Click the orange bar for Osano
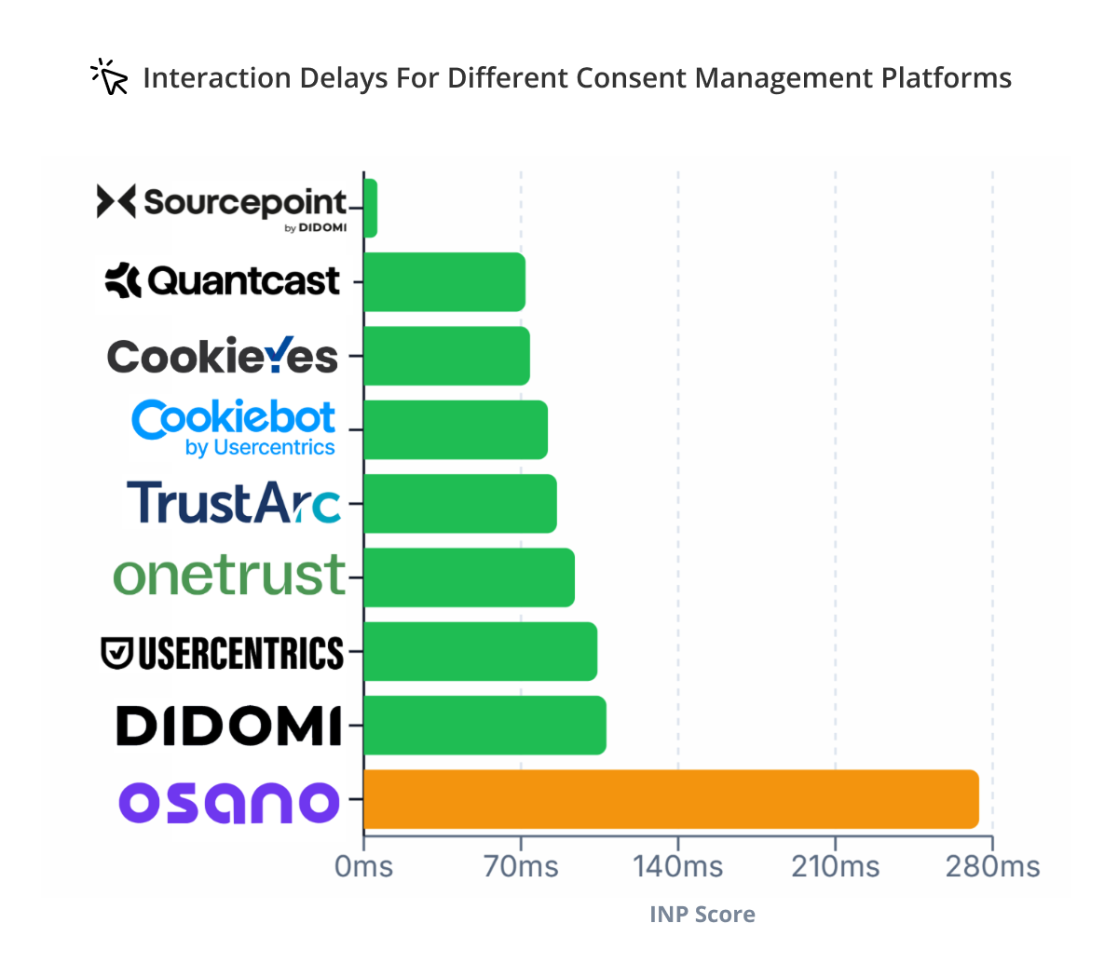click(x=671, y=799)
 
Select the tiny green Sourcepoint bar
click(x=370, y=208)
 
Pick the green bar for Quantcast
click(x=444, y=281)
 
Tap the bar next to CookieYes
click(x=446, y=356)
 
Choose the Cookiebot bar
click(x=456, y=429)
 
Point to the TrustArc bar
click(x=460, y=504)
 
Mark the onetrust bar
click(x=469, y=577)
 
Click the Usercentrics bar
click(x=480, y=651)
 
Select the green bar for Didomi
click(x=484, y=725)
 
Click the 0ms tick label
click(x=363, y=867)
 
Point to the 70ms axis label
click(x=521, y=867)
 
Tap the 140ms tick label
click(x=678, y=867)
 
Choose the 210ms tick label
click(x=836, y=867)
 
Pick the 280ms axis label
click(x=993, y=867)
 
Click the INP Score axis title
click(x=702, y=915)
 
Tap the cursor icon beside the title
click(x=110, y=77)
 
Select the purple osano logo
click(x=229, y=802)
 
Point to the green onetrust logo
click(x=229, y=576)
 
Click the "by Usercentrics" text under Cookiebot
click(x=260, y=448)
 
